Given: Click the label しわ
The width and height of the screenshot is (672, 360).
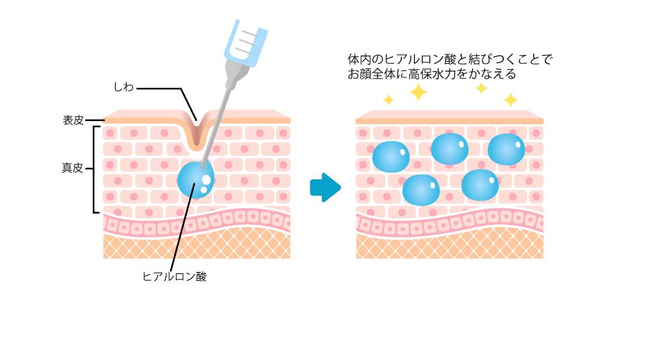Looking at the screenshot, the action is click(x=124, y=87).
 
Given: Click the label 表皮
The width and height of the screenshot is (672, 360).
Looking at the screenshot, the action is click(x=73, y=120).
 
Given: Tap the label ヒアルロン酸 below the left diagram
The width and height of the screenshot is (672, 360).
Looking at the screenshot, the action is click(x=175, y=277).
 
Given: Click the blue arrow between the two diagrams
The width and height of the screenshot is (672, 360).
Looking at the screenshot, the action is click(x=325, y=187).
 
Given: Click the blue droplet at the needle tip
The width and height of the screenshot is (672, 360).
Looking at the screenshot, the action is click(x=196, y=179).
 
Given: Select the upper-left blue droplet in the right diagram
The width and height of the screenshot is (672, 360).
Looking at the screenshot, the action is click(x=391, y=156).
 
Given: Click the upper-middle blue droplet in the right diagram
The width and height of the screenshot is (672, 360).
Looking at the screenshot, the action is click(x=450, y=148).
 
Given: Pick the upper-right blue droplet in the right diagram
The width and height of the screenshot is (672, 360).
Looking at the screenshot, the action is click(x=507, y=149).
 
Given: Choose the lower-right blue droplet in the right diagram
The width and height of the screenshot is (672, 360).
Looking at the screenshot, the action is click(x=480, y=185).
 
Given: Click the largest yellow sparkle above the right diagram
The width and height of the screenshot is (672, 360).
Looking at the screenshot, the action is click(x=418, y=92).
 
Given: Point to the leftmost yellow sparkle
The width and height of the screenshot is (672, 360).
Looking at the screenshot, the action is click(x=388, y=100).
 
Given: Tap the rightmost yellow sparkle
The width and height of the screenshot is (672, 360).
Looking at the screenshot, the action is click(x=511, y=100).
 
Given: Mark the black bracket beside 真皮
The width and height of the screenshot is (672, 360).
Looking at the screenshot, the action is click(x=94, y=169).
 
